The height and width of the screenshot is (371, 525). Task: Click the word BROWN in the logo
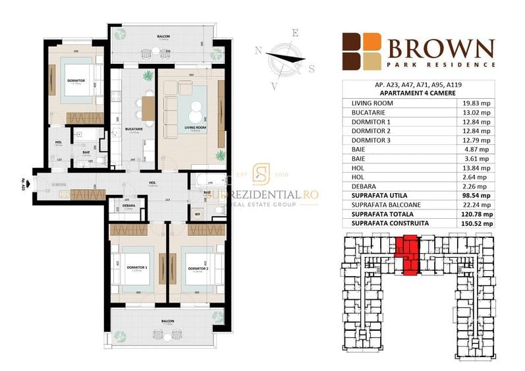pos(441,48)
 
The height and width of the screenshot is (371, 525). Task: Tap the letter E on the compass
pos(296,32)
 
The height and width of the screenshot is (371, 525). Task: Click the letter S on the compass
pos(312,68)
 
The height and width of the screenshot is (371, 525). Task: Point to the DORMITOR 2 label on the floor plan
pos(198,269)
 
